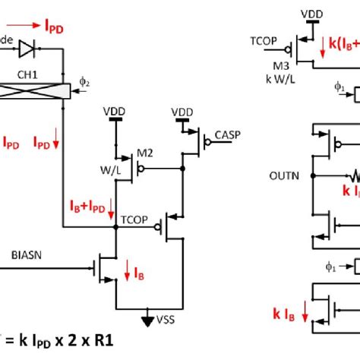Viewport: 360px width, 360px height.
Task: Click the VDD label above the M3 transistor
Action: pos(310,14)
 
